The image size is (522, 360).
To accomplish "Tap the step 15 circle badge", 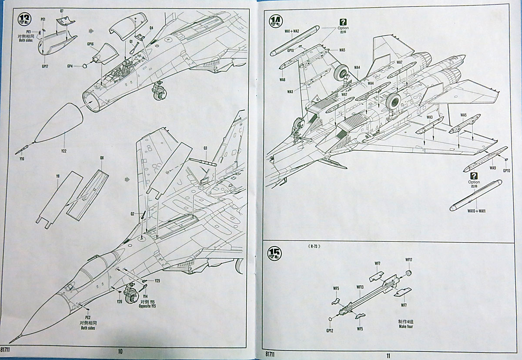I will pyautogui.click(x=275, y=253).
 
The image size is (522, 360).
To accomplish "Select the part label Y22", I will pyautogui.click(x=64, y=151).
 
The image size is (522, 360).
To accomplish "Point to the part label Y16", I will pyautogui.click(x=22, y=159).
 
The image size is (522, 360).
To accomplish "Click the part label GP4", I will pyautogui.click(x=70, y=66).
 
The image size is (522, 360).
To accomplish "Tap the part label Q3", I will pyautogui.click(x=205, y=148).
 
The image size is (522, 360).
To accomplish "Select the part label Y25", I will pyautogui.click(x=157, y=280).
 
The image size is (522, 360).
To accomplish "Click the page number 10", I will pyautogui.click(x=120, y=351).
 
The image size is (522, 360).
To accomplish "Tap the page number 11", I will pyautogui.click(x=388, y=355).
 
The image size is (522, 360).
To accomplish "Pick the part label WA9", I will pyautogui.click(x=493, y=168).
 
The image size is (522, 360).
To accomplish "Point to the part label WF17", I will pyautogui.click(x=408, y=260).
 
